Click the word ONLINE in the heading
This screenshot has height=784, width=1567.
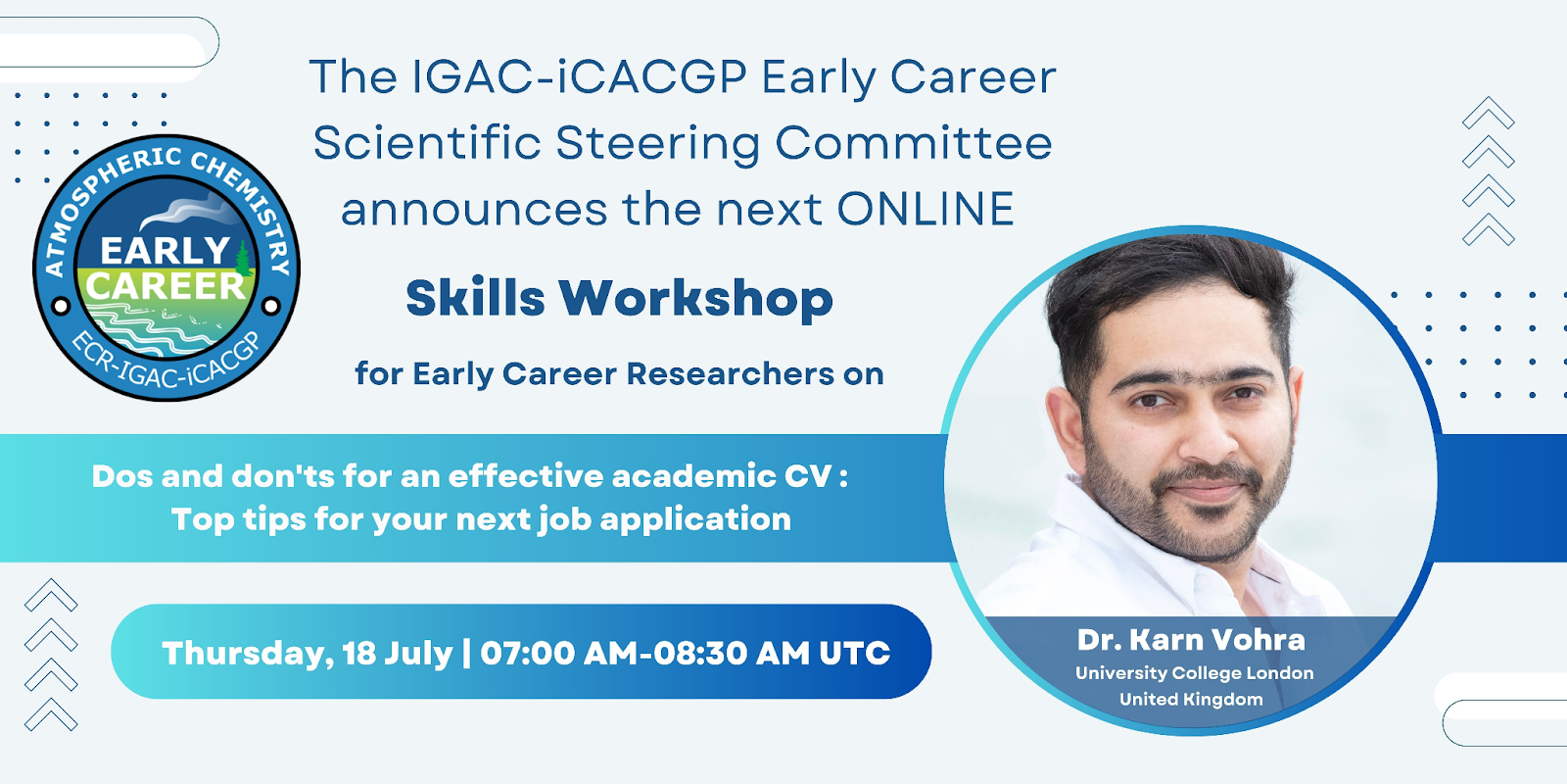coord(926,209)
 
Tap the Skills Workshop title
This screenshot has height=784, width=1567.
coord(620,299)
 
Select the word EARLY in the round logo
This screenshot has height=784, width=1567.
coord(166,251)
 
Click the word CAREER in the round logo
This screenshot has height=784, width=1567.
coord(166,286)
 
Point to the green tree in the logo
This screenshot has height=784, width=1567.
coord(243,259)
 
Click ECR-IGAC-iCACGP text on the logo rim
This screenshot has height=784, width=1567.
coord(166,364)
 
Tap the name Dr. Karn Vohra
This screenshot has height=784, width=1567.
coord(1191,640)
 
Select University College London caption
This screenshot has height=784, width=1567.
coord(1194,673)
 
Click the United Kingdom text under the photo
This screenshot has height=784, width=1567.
coord(1191,700)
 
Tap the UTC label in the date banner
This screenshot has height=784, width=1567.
coord(854,653)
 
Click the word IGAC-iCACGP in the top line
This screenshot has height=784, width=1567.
coord(579,76)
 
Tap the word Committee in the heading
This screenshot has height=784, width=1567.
coord(914,143)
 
